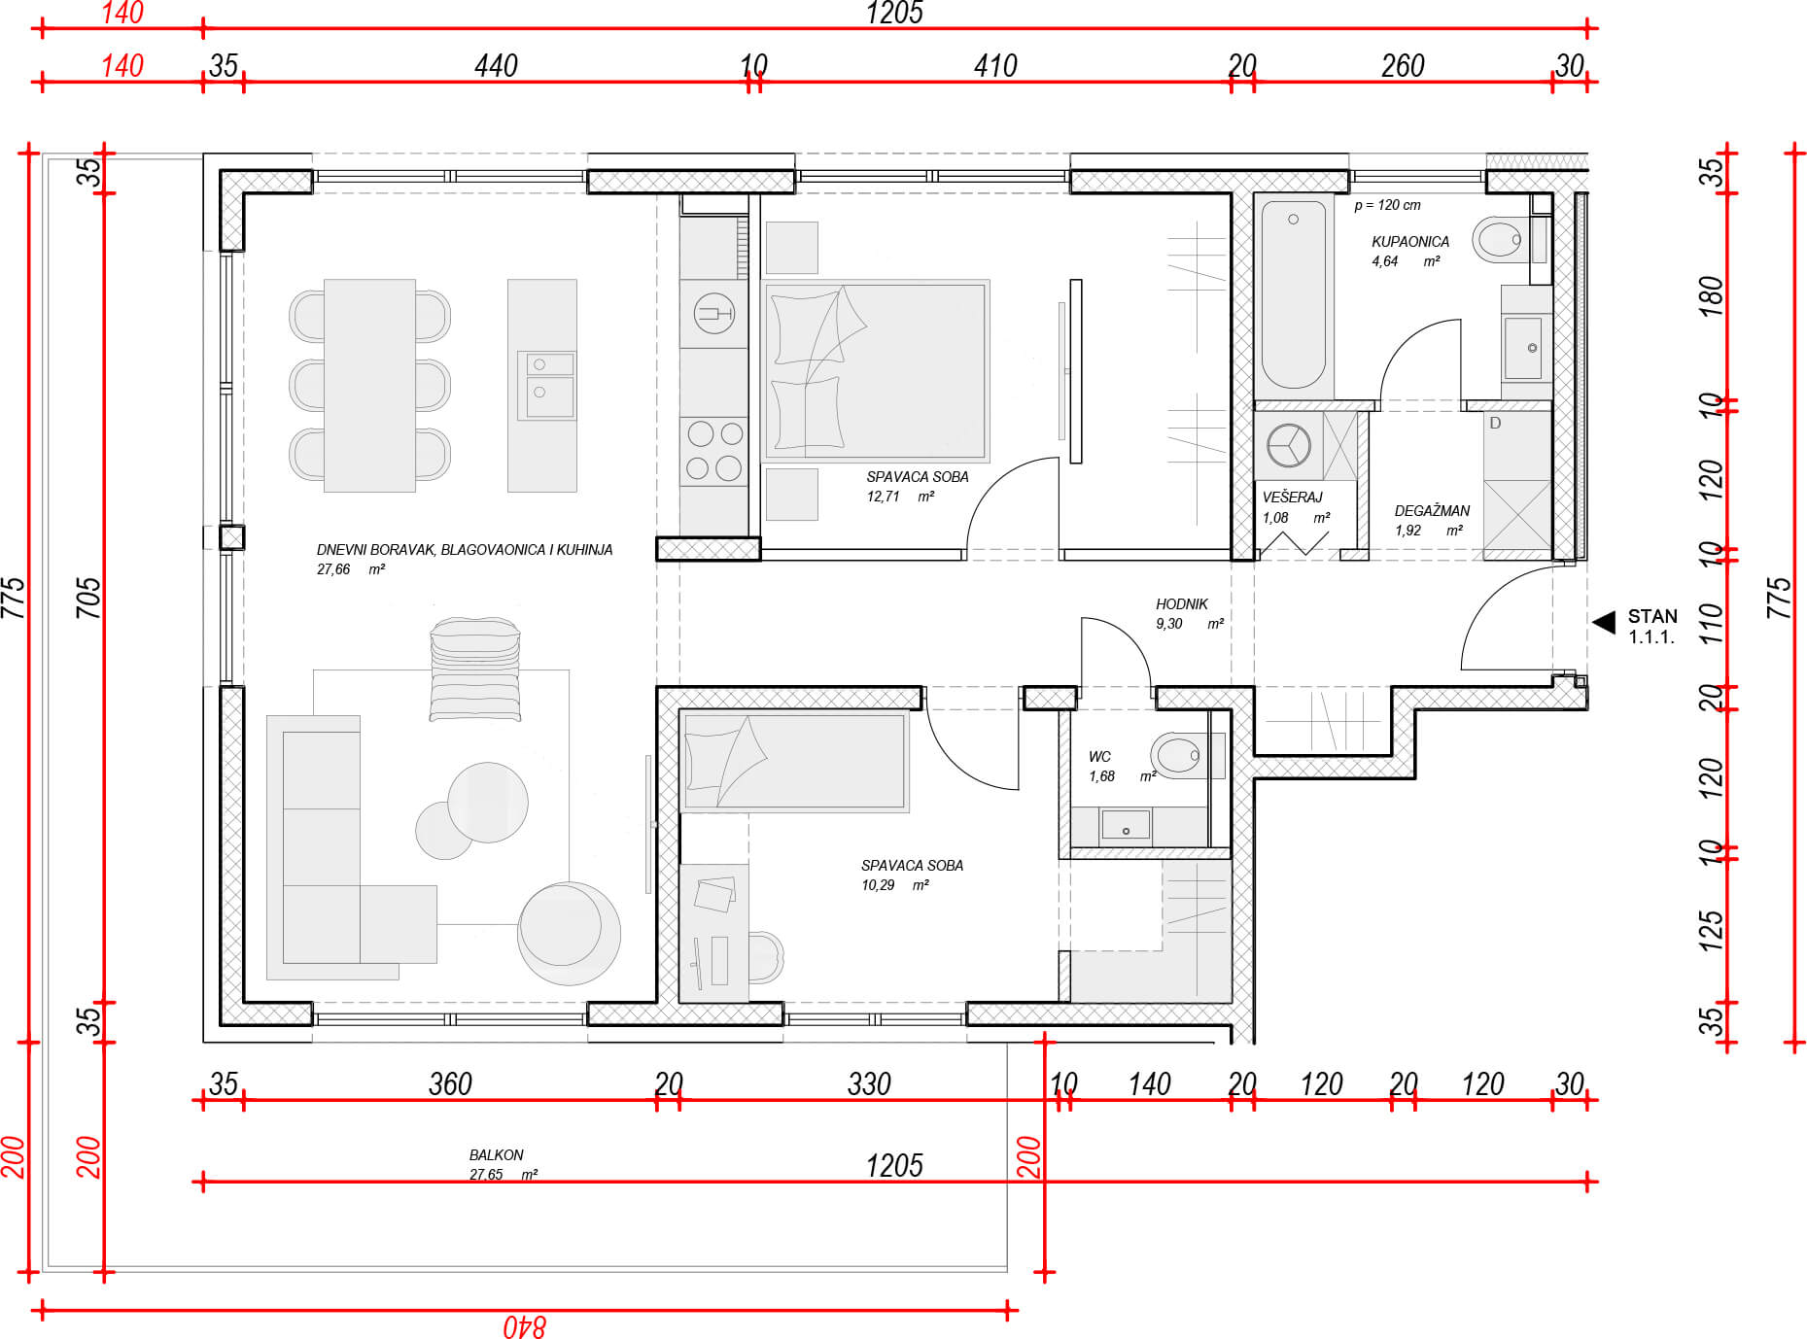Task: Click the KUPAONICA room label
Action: coord(1409,241)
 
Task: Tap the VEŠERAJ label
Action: coord(1292,497)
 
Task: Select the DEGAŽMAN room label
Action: coord(1432,510)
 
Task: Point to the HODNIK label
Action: coord(1181,603)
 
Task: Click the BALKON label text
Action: coord(496,1154)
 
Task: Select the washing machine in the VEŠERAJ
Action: coord(1289,446)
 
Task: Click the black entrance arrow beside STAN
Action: coord(1604,622)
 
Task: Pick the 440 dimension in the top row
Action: coord(496,65)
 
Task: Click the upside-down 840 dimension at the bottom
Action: coord(525,1325)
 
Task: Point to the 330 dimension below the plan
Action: coord(869,1083)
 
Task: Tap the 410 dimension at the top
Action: coord(995,65)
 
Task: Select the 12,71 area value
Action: coord(884,497)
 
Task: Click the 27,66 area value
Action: coord(333,569)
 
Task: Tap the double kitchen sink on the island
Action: coord(547,386)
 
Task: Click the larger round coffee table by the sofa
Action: coord(487,803)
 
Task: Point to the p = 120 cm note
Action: coord(1387,205)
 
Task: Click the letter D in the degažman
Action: coord(1495,423)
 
